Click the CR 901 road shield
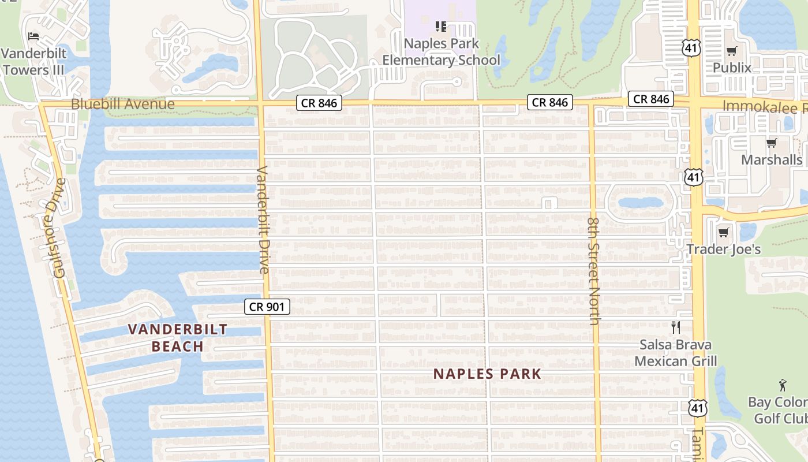click(x=267, y=307)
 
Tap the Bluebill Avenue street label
click(x=122, y=105)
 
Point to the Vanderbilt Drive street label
click(x=263, y=220)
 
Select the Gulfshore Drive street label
click(x=59, y=228)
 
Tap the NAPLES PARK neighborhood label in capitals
click(x=488, y=374)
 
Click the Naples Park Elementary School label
click(x=442, y=52)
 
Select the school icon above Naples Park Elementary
click(x=441, y=27)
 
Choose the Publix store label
click(x=732, y=68)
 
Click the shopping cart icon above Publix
click(x=732, y=51)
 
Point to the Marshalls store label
click(x=772, y=159)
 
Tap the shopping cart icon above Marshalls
click(x=771, y=143)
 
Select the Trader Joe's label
click(x=723, y=249)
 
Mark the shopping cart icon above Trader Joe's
click(x=723, y=233)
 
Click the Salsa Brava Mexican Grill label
click(x=676, y=353)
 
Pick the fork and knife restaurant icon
click(x=676, y=327)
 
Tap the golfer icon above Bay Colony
click(x=783, y=385)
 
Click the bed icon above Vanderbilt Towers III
click(x=33, y=36)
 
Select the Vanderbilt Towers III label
click(x=34, y=62)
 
